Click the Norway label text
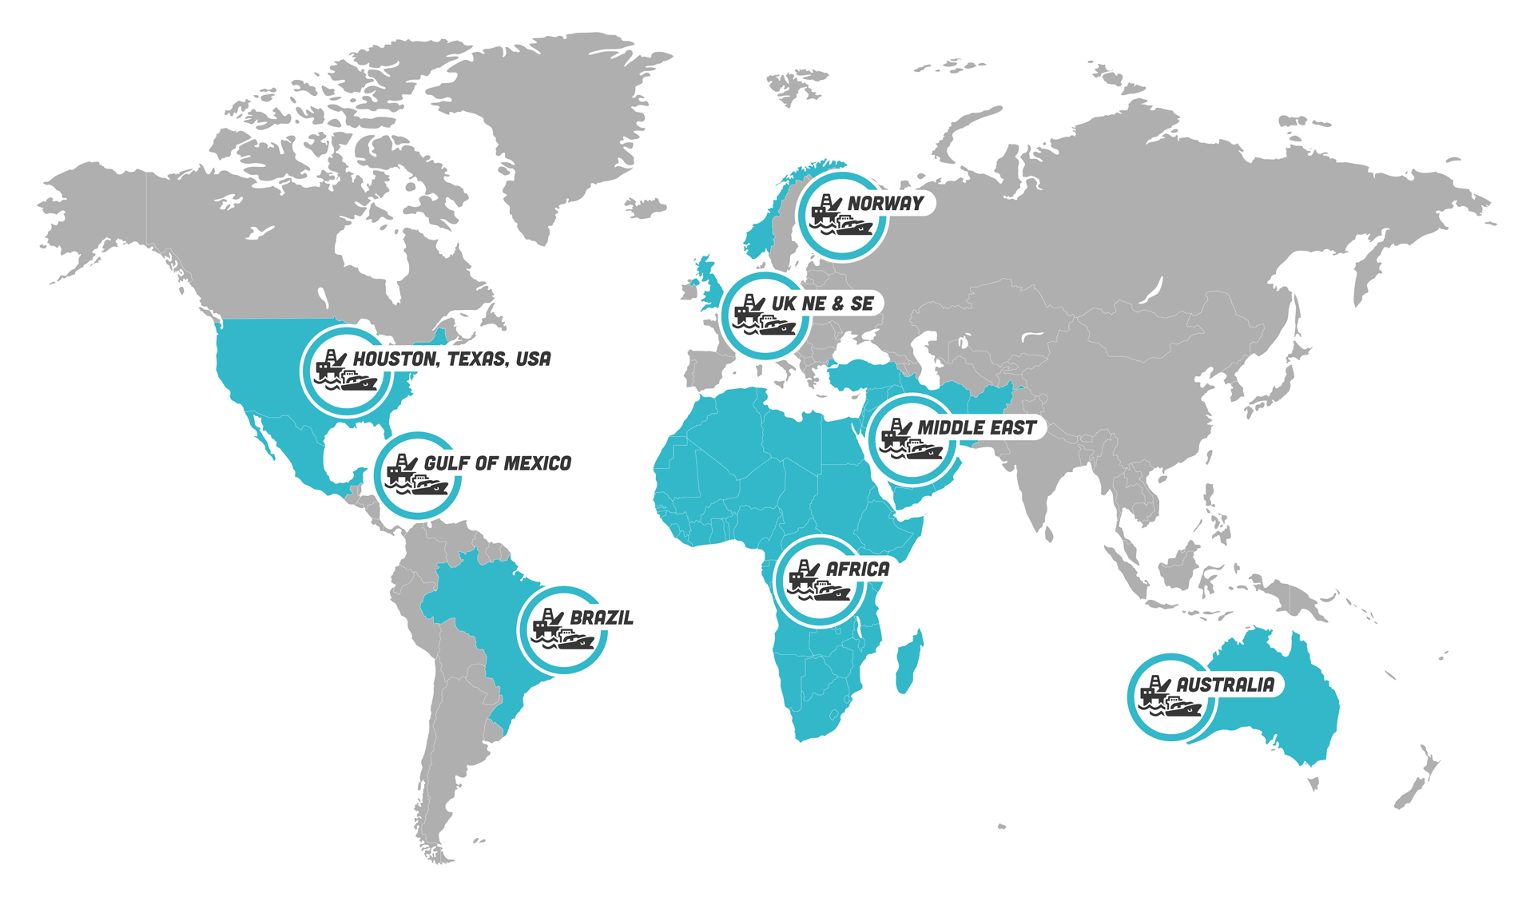click(x=885, y=204)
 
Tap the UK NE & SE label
click(x=823, y=304)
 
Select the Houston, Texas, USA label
click(x=451, y=359)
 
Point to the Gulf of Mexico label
click(x=497, y=463)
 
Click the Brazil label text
click(x=602, y=617)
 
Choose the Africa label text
click(x=857, y=570)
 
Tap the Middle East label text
click(x=976, y=428)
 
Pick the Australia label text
click(x=1225, y=685)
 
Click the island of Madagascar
click(x=908, y=663)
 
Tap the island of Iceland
click(x=646, y=208)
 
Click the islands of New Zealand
click(x=1418, y=783)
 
